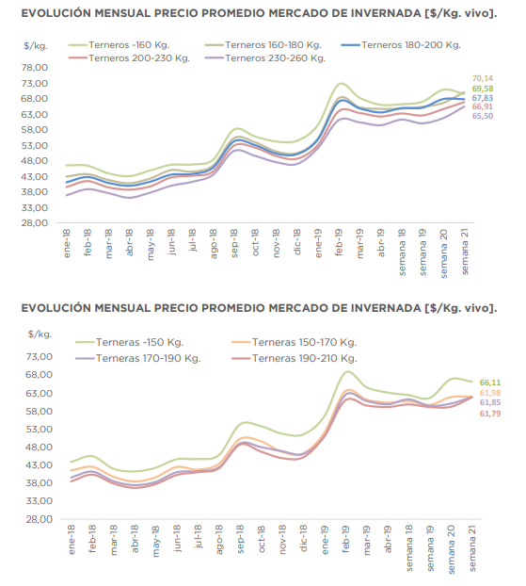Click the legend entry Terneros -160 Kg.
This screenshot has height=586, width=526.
(x=120, y=45)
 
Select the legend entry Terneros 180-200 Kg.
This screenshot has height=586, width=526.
(x=401, y=45)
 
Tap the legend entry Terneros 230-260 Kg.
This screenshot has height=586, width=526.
(x=265, y=58)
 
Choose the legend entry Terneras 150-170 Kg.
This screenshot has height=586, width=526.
(x=295, y=342)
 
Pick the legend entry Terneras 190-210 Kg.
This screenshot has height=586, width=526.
(x=295, y=358)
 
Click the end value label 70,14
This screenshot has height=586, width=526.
(x=483, y=78)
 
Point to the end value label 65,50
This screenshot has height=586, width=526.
(x=483, y=116)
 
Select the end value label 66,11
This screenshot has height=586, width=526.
(x=490, y=383)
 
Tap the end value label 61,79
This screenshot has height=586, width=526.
(x=490, y=414)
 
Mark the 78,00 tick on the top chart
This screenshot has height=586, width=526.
(x=35, y=68)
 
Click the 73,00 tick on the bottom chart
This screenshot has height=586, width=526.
(x=40, y=356)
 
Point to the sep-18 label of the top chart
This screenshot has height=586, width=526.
(x=234, y=243)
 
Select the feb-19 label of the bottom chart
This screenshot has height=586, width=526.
(x=345, y=539)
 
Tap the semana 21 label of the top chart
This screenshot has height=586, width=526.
(x=465, y=252)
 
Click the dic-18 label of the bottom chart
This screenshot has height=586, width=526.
(x=304, y=538)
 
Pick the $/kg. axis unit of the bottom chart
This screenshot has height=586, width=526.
(x=40, y=334)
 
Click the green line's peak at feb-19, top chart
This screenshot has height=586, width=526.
(x=342, y=83)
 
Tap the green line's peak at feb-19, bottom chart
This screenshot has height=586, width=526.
(x=347, y=371)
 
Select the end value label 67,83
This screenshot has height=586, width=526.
(x=483, y=98)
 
